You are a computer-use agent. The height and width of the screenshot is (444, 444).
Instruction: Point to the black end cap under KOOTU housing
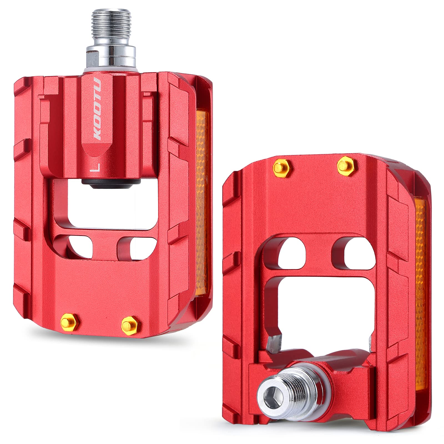111,182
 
